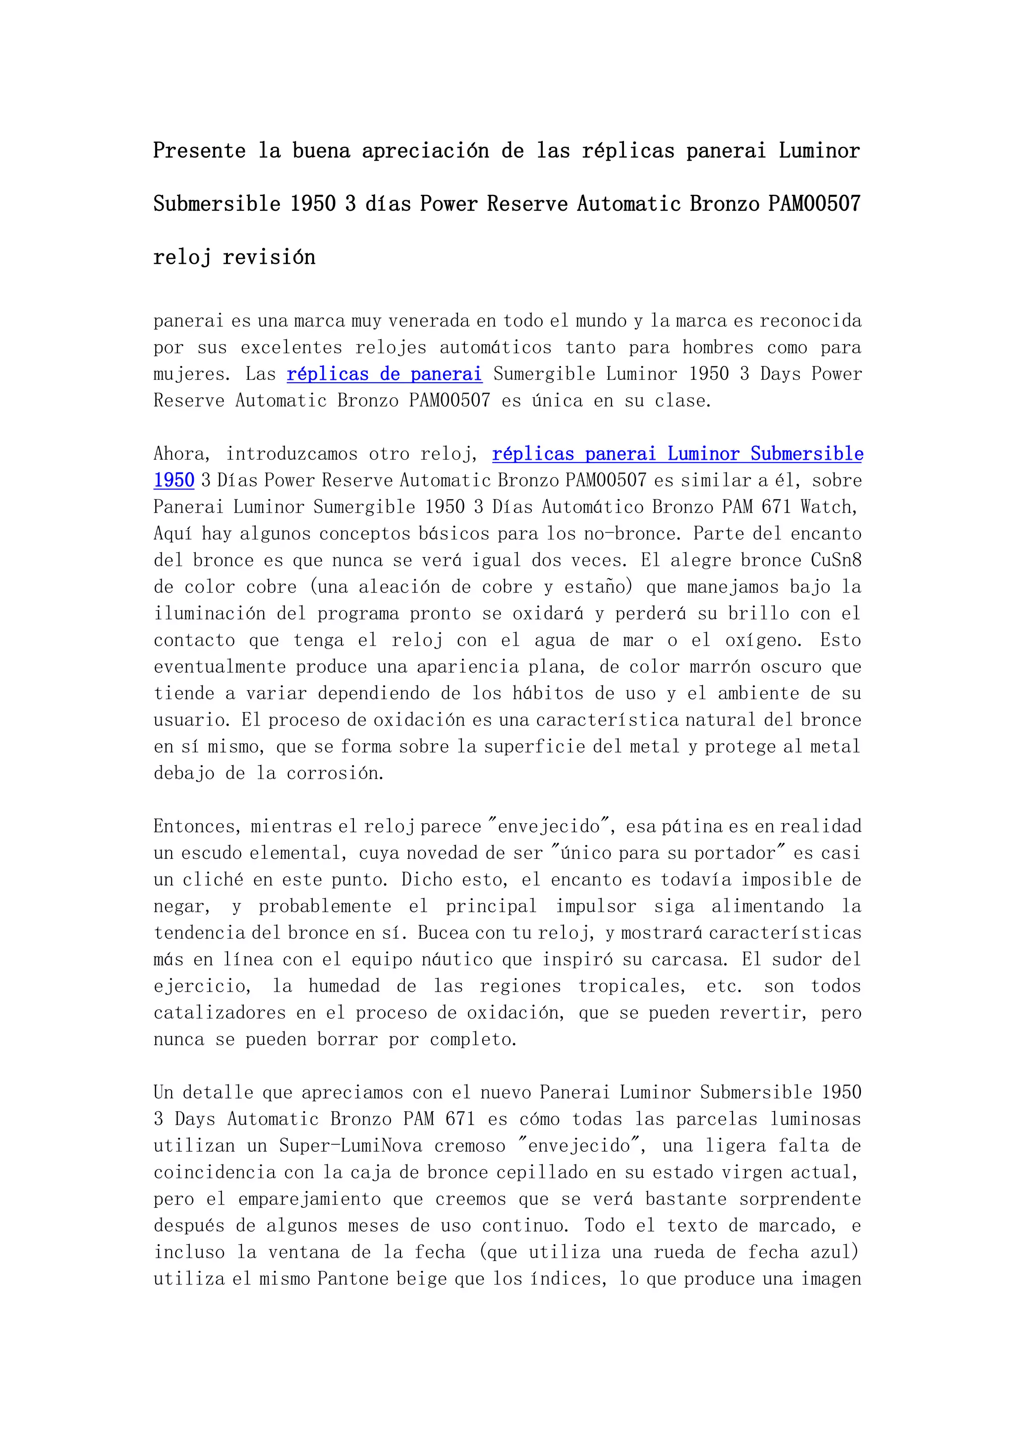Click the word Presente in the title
[x=199, y=151]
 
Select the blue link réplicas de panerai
[x=385, y=374]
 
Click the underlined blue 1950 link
[x=174, y=480]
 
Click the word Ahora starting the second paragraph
[x=182, y=454]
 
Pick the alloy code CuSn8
[x=836, y=560]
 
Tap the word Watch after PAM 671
[x=828, y=507]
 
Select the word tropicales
[x=631, y=986]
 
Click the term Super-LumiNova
[x=350, y=1146]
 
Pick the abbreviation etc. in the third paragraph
[x=724, y=986]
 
